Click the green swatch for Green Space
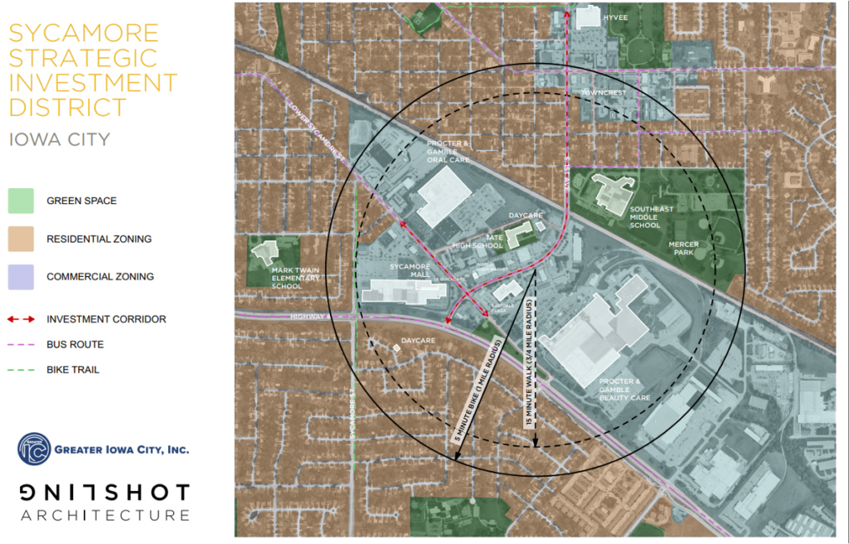point(21,201)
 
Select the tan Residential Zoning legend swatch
point(21,239)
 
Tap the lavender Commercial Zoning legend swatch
point(21,276)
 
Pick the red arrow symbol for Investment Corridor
point(21,319)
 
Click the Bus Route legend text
point(75,344)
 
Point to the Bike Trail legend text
point(73,369)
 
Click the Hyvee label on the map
point(616,16)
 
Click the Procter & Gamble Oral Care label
point(449,151)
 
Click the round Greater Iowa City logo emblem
point(34,449)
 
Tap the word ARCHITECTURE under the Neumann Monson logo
point(105,516)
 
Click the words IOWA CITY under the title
point(60,139)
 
